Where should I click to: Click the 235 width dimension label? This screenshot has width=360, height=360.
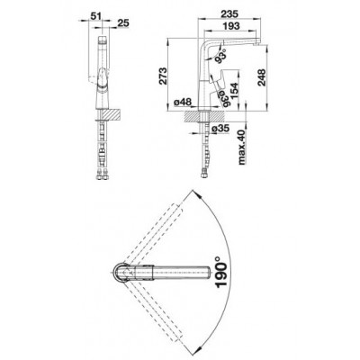[229, 13]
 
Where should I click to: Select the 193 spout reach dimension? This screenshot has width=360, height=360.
[230, 26]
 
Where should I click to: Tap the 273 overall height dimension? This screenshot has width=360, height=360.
[163, 76]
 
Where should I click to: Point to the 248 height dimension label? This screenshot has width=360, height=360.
[262, 77]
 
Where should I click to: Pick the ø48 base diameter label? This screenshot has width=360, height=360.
[183, 103]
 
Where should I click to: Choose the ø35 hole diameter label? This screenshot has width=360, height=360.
[220, 129]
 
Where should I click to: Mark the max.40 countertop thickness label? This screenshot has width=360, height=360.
[242, 148]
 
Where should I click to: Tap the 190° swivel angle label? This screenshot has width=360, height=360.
[220, 274]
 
